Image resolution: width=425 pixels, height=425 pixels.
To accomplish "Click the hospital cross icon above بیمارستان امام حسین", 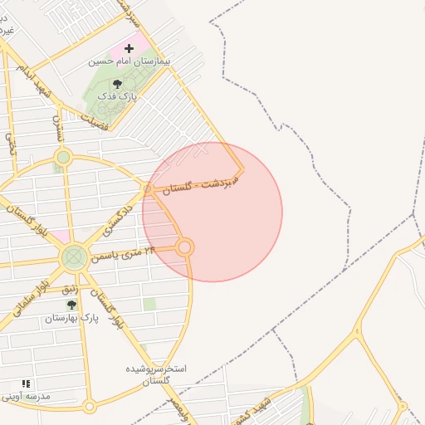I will click(129, 49).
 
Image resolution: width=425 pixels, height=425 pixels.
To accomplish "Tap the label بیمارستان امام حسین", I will click(129, 61).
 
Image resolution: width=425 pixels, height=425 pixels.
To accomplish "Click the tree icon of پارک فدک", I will click(116, 84).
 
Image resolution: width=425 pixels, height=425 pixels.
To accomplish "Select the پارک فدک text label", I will click(116, 96).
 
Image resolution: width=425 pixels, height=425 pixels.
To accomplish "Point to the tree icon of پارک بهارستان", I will click(71, 305).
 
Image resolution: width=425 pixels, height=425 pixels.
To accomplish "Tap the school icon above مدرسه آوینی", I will click(26, 383).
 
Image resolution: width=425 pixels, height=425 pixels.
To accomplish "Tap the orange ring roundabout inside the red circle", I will click(185, 247).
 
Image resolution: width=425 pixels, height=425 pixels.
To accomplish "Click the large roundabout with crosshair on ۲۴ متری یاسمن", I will click(75, 257).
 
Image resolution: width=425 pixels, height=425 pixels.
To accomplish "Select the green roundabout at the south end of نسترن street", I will click(63, 157).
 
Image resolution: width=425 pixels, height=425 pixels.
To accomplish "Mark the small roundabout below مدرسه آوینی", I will click(90, 407).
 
